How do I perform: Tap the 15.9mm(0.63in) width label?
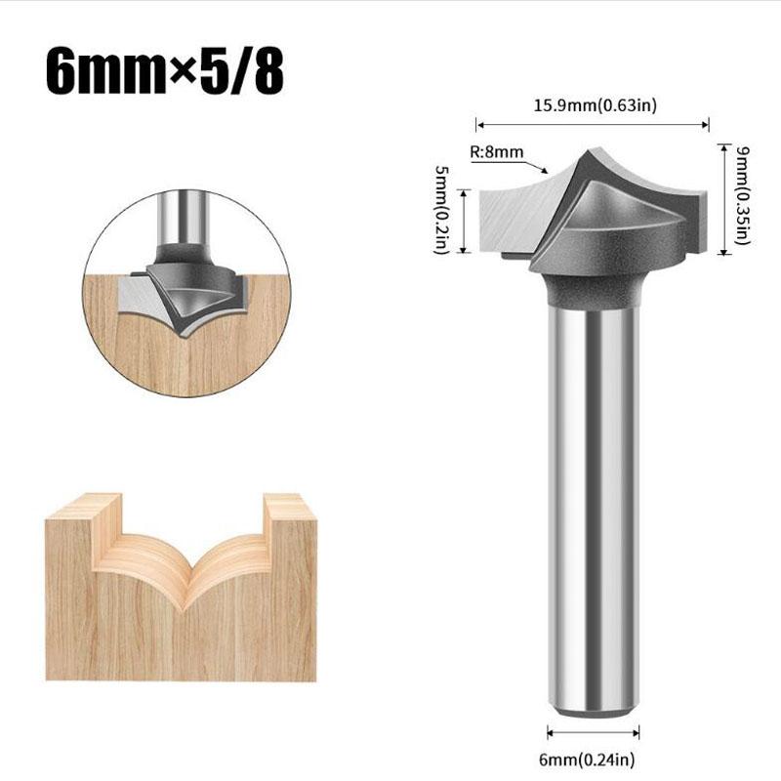(x=592, y=105)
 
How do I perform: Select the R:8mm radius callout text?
(x=497, y=152)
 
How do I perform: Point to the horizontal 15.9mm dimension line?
(x=592, y=124)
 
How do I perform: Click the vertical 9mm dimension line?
(x=723, y=199)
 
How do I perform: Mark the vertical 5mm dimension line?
(x=464, y=220)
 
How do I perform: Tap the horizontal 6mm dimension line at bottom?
(x=593, y=733)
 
